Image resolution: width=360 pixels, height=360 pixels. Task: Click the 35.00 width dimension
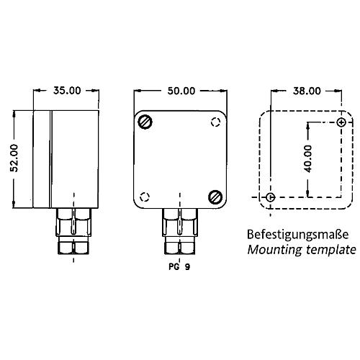tap(67, 91)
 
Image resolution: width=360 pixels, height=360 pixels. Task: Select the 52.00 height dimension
tap(14, 158)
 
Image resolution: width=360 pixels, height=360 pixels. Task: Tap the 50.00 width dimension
tap(181, 91)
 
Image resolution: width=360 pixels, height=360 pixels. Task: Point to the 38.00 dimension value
tap(307, 91)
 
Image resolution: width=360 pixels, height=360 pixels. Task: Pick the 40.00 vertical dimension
tap(307, 159)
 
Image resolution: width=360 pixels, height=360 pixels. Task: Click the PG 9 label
tap(179, 266)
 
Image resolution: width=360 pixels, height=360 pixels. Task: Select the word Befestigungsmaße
tap(297, 235)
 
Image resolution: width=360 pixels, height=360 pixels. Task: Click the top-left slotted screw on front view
tap(145, 122)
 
